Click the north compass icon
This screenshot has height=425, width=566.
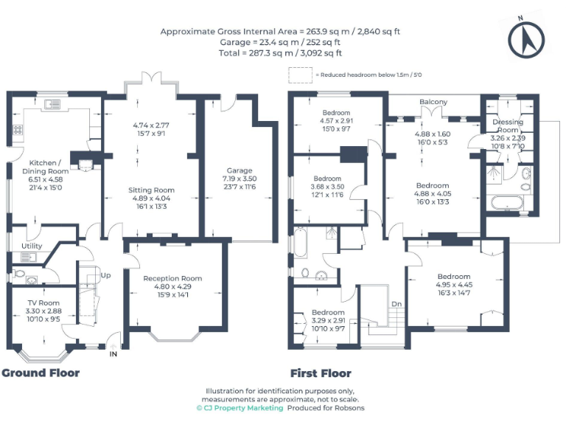(526, 38)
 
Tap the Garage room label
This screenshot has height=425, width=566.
(240, 170)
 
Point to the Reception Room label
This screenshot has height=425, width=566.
(172, 278)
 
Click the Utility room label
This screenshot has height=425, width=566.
(32, 245)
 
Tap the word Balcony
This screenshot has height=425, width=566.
(433, 102)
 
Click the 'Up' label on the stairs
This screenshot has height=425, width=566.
(105, 275)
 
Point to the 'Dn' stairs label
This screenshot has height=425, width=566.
(396, 303)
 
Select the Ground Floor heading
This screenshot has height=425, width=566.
(41, 373)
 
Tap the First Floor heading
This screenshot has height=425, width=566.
(321, 373)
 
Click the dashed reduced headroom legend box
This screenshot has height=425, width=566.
(300, 75)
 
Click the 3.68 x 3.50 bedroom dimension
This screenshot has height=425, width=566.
(327, 187)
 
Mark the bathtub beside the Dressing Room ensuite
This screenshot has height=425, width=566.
(508, 203)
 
